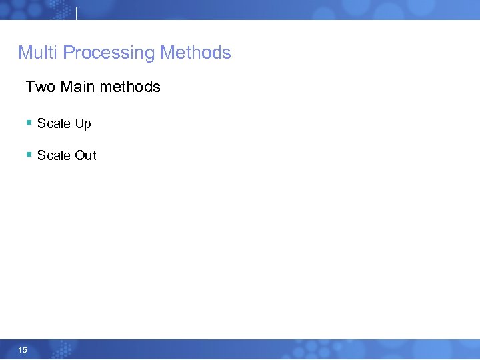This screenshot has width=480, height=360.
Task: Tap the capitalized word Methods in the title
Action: click(x=196, y=53)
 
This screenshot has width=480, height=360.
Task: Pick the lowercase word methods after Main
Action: click(x=130, y=87)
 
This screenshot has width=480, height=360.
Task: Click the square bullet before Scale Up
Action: click(x=29, y=123)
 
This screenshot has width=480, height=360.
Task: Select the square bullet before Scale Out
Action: click(x=29, y=155)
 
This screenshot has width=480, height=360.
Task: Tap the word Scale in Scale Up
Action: click(x=53, y=123)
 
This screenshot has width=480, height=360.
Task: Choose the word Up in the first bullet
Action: click(x=83, y=124)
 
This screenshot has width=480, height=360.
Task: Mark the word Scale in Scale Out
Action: click(x=53, y=155)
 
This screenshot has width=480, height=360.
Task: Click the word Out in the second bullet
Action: click(x=85, y=155)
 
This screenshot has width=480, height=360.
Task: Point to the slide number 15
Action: click(x=23, y=350)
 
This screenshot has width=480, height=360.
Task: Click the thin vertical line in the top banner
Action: click(x=77, y=13)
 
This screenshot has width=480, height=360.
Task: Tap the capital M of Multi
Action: click(x=25, y=53)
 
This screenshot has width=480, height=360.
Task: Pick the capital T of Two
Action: click(x=30, y=87)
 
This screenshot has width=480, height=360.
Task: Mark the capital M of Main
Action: click(x=66, y=87)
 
